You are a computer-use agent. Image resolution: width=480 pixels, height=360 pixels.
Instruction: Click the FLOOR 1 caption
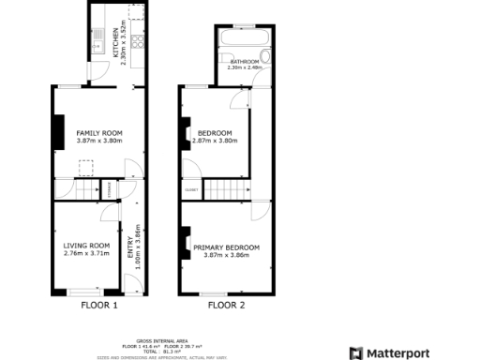pos(99,305)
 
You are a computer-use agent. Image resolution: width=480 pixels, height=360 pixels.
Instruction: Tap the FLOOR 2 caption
pos(226,305)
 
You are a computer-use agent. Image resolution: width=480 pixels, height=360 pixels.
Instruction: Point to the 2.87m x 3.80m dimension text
pos(215,142)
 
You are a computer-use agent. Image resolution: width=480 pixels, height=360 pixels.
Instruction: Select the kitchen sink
pos(97,39)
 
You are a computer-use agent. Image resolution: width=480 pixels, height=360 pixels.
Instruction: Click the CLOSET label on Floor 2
pos(191,189)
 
